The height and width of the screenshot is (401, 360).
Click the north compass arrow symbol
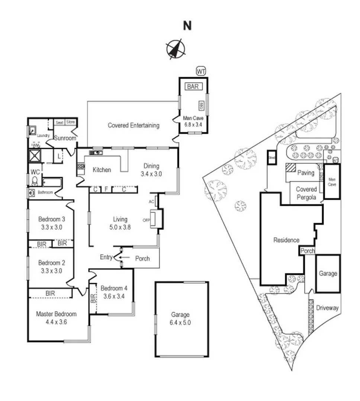pos(175,49)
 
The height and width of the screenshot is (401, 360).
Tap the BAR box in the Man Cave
pos(193,87)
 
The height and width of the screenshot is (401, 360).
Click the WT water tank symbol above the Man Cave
pos(201,71)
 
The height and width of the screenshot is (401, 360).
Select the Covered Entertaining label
pos(134,125)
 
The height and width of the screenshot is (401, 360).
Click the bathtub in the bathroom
pos(52,182)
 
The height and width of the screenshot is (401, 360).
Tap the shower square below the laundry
pos(36,155)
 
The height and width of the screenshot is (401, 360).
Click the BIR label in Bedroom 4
pos(93,299)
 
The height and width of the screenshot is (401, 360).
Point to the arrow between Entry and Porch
pos(125,257)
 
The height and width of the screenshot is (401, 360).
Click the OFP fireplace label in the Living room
pos(146,220)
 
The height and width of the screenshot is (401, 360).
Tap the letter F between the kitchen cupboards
pos(106,189)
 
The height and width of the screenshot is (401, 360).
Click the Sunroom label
pos(65,138)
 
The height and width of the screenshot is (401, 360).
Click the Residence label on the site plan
pos(286,240)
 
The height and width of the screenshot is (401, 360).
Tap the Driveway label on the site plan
pos(328,308)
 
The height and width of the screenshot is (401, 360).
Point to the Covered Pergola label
pos(306,193)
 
